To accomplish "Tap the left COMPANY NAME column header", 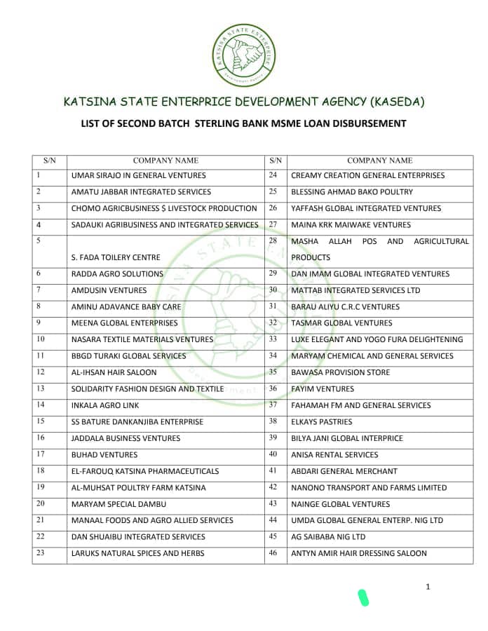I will (x=165, y=161).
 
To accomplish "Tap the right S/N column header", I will (x=276, y=161).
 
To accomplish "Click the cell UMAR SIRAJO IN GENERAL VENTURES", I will (x=138, y=175).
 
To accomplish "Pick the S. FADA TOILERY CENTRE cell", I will (x=116, y=257).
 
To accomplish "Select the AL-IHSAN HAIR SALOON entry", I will (x=114, y=372).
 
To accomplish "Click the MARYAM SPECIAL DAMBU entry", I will (x=116, y=504).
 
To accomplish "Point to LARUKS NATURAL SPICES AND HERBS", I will (x=137, y=553).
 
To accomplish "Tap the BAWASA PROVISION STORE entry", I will (x=340, y=372).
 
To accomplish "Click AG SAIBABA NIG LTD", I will (x=328, y=537).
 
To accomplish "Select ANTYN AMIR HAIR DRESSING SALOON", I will (x=358, y=553).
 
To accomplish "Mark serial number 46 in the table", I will (x=273, y=553).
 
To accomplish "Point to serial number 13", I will (x=40, y=388).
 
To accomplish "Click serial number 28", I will (x=273, y=241).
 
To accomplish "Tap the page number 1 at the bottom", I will (x=428, y=587).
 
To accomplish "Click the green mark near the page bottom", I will (x=363, y=597).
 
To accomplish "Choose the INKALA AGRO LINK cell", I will (x=105, y=405).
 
